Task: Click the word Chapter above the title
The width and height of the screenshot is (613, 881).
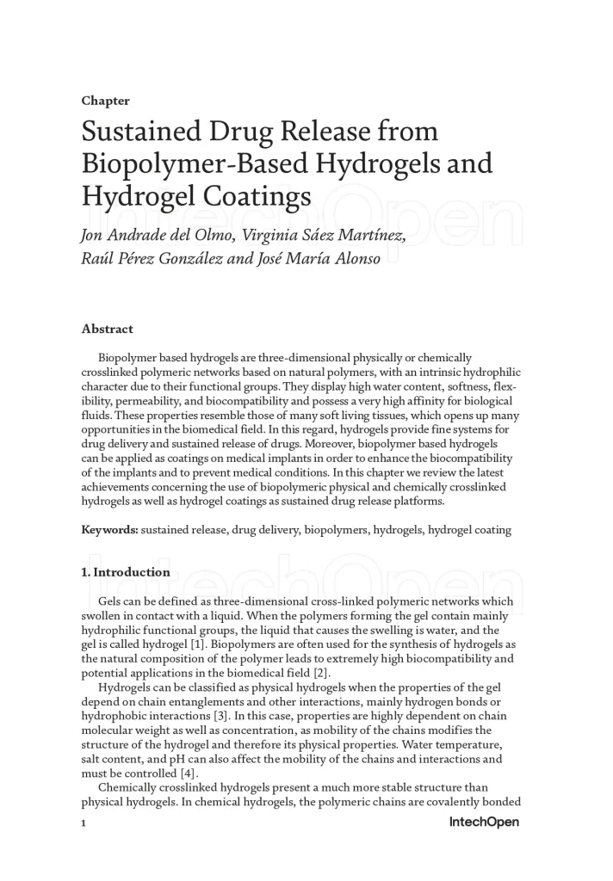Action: tap(105, 101)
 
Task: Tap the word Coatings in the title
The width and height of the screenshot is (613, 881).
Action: tap(266, 196)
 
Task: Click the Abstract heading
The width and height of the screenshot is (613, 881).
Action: tap(107, 329)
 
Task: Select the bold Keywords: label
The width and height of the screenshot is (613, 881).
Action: tap(109, 530)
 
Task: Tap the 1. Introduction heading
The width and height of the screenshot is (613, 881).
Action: tap(126, 572)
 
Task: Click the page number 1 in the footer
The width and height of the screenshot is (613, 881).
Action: tap(84, 823)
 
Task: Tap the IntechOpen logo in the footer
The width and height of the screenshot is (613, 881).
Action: tap(484, 822)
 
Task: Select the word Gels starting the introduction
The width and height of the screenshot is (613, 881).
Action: tap(113, 601)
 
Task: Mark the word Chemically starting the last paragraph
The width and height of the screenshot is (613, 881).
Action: tap(130, 787)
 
